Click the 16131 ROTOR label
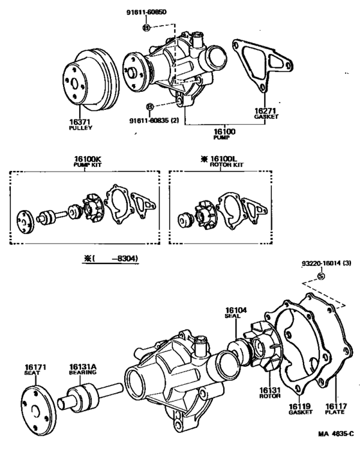267,392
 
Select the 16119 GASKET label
297,409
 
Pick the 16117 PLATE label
335,409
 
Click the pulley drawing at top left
89,80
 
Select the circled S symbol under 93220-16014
321,276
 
